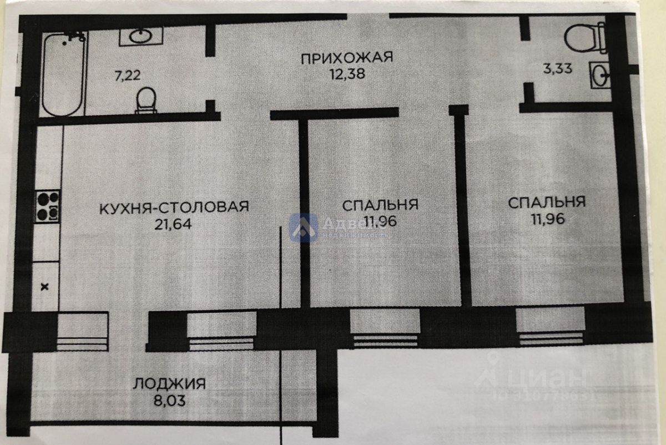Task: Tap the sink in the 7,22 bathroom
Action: [140, 37]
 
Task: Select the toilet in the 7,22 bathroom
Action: [146, 100]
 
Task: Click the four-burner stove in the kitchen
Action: [47, 205]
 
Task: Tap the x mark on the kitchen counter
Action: [46, 287]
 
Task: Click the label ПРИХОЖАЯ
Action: [347, 57]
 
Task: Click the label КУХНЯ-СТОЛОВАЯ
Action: [174, 207]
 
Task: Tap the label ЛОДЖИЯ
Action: [170, 383]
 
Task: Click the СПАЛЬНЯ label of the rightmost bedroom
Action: [547, 203]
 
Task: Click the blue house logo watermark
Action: [304, 227]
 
